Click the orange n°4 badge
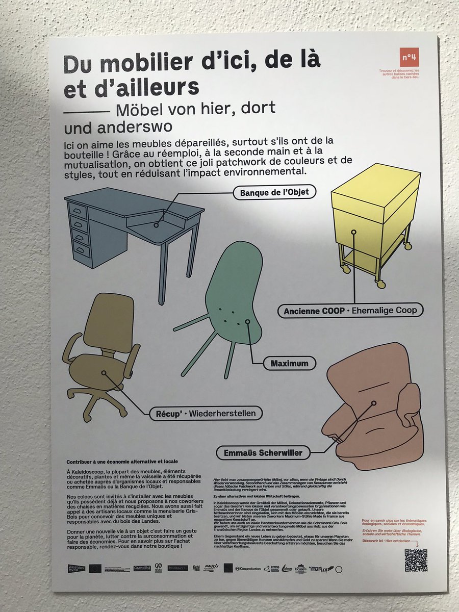(x=409, y=57)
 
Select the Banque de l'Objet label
(x=275, y=192)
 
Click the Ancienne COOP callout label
(x=350, y=310)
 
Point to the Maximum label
(x=290, y=364)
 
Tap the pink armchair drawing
(x=375, y=408)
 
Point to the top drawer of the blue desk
(x=78, y=210)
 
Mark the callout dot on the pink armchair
(x=374, y=403)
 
